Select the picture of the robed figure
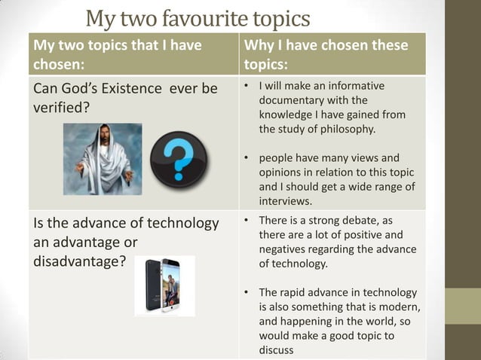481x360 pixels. (x=102, y=159)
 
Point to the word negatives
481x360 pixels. (x=284, y=250)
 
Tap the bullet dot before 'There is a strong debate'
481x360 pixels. (x=247, y=221)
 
